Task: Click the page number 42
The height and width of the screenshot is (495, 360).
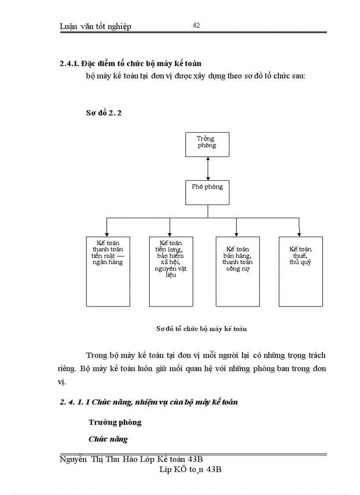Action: tap(196, 26)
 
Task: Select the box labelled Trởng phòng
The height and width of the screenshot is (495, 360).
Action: tap(207, 144)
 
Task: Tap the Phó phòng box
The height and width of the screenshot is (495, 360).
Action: tap(207, 193)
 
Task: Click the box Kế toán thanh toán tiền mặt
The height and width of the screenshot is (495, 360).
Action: tap(108, 271)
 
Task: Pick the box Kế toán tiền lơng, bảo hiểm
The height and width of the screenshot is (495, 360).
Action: tap(171, 271)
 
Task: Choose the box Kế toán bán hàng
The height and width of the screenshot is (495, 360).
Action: tap(237, 271)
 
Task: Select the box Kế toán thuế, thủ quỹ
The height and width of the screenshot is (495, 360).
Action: tap(300, 271)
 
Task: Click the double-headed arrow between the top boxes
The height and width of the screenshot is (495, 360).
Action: tap(207, 168)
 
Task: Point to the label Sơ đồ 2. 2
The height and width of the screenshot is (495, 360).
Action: tap(104, 113)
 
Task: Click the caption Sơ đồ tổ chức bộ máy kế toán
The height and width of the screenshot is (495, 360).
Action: tap(202, 328)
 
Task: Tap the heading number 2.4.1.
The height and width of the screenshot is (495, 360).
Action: tap(69, 63)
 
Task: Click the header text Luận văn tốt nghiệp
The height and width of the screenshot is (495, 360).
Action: tap(95, 26)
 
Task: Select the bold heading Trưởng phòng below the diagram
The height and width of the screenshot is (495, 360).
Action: tap(115, 422)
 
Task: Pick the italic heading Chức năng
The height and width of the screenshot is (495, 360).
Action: tap(108, 439)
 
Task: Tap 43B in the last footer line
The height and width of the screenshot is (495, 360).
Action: tap(213, 469)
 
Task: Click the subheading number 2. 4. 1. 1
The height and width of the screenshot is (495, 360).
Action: tap(75, 402)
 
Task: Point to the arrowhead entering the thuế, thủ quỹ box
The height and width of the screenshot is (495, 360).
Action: tap(299, 234)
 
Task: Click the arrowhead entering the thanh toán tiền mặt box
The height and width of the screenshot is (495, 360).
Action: tap(106, 234)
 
